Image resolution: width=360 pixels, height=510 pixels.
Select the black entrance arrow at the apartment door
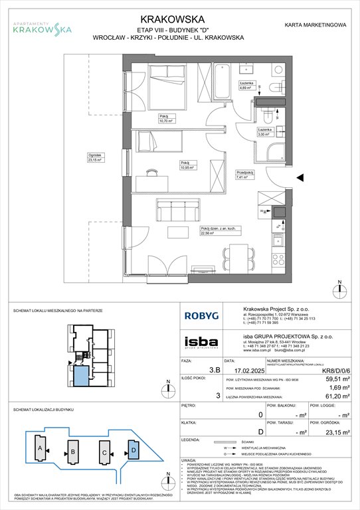[x=301, y=177]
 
